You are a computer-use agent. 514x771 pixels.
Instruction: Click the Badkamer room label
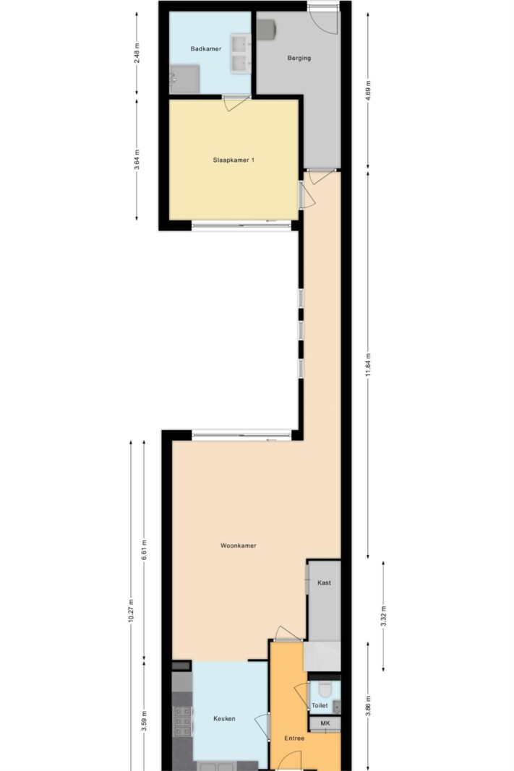(x=205, y=48)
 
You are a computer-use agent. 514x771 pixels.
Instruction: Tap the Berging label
(x=299, y=58)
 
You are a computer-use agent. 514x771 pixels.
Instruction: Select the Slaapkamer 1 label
(x=234, y=160)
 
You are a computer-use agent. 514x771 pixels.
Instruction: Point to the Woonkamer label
(x=239, y=546)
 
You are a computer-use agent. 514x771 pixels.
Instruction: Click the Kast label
(x=324, y=582)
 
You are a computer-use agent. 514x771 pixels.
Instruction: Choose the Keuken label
(x=224, y=718)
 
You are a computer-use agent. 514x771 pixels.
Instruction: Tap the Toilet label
(x=320, y=705)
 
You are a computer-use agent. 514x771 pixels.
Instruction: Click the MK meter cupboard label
(x=325, y=723)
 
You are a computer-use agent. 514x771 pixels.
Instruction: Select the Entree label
(x=294, y=738)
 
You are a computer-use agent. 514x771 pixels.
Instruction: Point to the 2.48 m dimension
(x=137, y=53)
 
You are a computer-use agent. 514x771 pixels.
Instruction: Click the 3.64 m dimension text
(x=137, y=159)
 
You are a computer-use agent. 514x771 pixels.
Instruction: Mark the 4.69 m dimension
(x=369, y=90)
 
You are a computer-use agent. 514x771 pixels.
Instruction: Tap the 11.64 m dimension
(x=369, y=365)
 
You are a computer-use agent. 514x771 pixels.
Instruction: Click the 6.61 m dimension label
(x=144, y=551)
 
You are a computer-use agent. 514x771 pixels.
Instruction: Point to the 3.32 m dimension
(x=383, y=616)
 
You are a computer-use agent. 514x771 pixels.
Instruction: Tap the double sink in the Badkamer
(x=241, y=53)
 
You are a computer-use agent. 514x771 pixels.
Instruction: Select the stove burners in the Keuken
(x=182, y=722)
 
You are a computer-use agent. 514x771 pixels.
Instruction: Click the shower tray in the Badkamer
(x=184, y=79)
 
